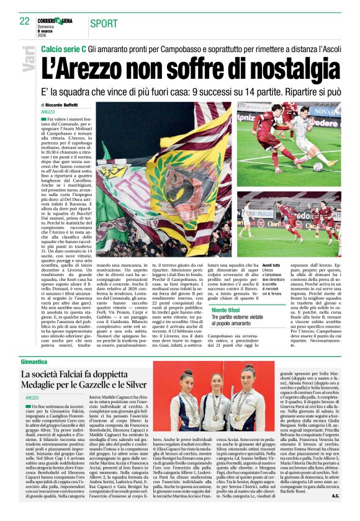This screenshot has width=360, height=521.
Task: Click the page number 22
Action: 24,21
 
